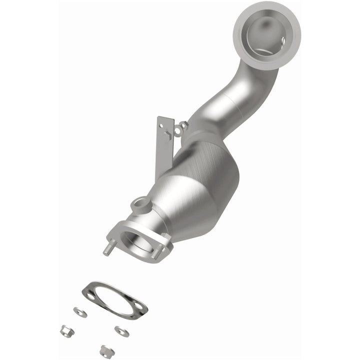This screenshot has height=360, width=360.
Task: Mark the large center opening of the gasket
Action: point(112,298)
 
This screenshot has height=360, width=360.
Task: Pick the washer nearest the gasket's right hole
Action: point(120,330)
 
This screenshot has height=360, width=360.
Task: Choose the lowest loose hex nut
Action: point(104,349)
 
